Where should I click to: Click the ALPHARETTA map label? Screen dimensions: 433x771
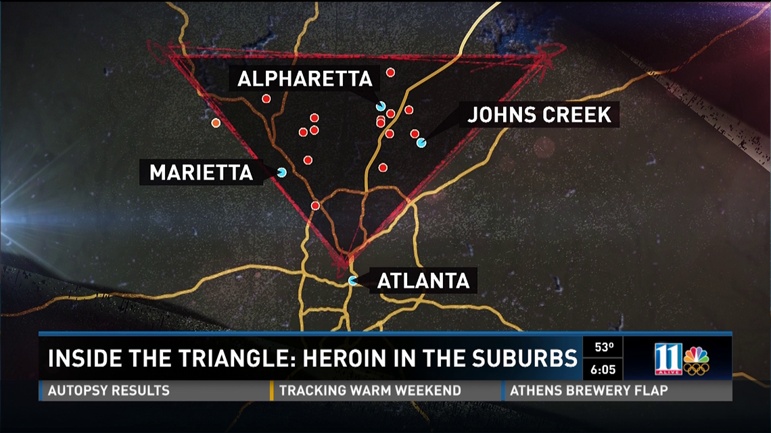(305, 79)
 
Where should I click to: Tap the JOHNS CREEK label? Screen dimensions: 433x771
(539, 115)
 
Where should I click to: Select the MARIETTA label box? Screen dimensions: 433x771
(201, 172)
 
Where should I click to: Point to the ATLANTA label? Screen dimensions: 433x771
(423, 280)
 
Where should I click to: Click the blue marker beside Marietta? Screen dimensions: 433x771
(281, 172)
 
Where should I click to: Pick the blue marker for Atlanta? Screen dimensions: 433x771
(352, 280)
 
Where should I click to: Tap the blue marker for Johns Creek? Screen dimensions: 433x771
(421, 143)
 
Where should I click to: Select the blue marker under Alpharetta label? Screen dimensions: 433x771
(381, 106)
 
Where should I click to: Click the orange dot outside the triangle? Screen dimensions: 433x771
(216, 123)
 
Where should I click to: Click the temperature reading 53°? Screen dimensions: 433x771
(603, 349)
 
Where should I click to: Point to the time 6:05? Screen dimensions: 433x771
(603, 370)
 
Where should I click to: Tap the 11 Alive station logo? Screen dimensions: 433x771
(668, 358)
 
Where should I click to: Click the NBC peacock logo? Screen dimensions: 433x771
(696, 359)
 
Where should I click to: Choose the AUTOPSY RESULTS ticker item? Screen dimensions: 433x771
(109, 390)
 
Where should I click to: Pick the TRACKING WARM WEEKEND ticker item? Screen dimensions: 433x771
(370, 390)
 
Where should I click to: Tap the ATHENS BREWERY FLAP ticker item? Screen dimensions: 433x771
(589, 390)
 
